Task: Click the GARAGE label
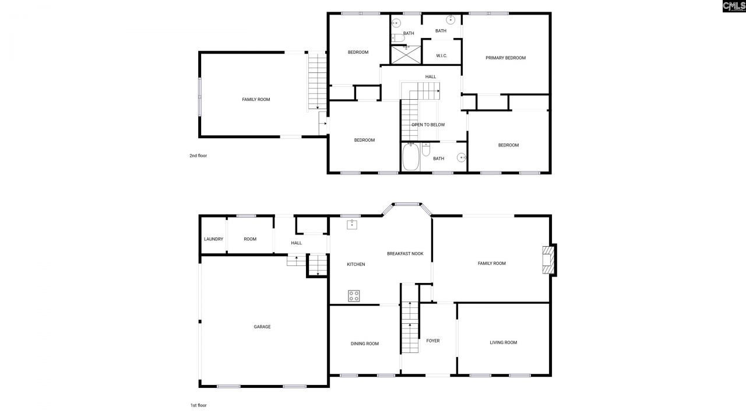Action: click(x=262, y=327)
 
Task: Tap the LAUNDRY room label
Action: click(x=213, y=239)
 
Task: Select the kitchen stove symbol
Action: click(x=354, y=296)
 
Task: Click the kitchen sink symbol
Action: click(x=352, y=224)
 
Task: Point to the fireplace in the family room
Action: click(x=548, y=260)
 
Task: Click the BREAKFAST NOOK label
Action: click(x=405, y=254)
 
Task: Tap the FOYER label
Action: click(x=432, y=341)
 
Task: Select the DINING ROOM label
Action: click(x=364, y=344)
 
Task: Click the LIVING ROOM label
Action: click(x=503, y=342)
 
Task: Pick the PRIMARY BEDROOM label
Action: click(x=505, y=58)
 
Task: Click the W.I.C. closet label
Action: click(x=441, y=56)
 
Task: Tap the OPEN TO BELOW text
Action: click(x=428, y=125)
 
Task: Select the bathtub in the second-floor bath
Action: click(x=410, y=157)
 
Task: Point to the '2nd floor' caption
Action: click(x=198, y=156)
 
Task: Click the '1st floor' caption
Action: click(x=198, y=405)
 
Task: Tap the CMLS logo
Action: click(x=733, y=6)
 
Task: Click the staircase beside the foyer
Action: click(x=410, y=327)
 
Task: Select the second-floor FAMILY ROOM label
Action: click(x=256, y=100)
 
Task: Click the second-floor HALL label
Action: click(x=430, y=76)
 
